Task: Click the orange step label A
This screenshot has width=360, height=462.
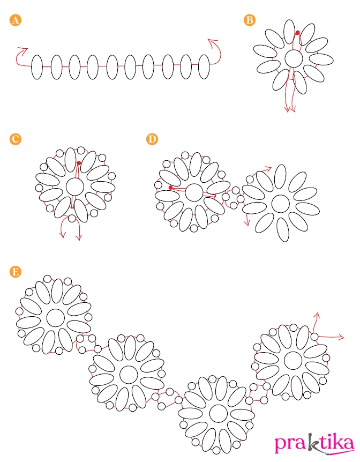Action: point(16,20)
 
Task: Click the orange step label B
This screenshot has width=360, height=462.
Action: point(250,20)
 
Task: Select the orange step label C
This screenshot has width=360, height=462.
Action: point(16,139)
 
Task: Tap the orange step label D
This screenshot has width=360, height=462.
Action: point(152,139)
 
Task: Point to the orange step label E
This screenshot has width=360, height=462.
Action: point(16,271)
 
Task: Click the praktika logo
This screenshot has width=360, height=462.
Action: point(314,443)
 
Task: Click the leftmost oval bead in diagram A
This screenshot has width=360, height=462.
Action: point(37,67)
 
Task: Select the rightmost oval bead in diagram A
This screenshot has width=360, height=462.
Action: point(204,67)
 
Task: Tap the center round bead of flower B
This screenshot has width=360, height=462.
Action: point(294,58)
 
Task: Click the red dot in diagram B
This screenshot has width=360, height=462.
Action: point(297,32)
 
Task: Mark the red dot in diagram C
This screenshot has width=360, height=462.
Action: point(79,163)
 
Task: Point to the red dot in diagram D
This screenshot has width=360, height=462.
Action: point(170,188)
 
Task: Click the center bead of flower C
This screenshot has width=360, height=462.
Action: point(74,187)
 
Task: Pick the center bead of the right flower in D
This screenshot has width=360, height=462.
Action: point(281,204)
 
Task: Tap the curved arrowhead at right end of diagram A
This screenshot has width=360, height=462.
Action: point(212,41)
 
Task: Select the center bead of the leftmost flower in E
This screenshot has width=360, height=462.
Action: point(55,318)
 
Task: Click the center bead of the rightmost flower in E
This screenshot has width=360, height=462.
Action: point(293,360)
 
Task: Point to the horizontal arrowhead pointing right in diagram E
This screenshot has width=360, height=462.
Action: point(341,337)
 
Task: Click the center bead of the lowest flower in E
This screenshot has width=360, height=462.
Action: point(218,413)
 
